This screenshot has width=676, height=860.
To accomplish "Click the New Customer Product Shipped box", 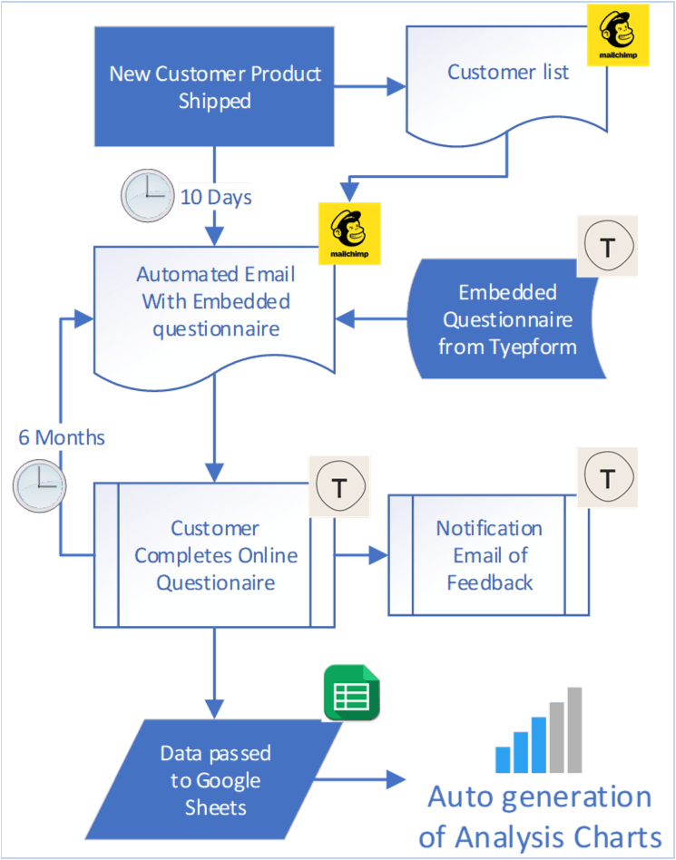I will coord(215,87).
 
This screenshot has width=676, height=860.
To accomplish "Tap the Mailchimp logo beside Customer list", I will coord(617,35).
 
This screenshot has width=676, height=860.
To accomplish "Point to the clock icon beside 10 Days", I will coord(147,196).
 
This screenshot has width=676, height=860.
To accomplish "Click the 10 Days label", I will coord(215,197).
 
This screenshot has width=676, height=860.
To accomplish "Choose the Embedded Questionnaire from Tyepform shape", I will coord(507,319).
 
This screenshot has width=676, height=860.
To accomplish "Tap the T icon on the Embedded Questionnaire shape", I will coord(607,246).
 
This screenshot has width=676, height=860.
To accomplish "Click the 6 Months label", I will coord(61,437).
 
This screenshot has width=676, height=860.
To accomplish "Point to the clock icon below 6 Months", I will coord(39,486).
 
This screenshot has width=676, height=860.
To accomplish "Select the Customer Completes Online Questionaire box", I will coord(215,555).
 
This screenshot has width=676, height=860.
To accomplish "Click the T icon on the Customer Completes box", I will coord(339,487).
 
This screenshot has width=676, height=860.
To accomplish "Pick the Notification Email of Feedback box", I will coord(488,555).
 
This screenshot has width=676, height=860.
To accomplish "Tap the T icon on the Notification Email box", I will coord(607,477).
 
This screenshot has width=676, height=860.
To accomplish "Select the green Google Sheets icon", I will coord(350,693).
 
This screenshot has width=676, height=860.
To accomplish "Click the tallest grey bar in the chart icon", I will coord(573,730).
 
